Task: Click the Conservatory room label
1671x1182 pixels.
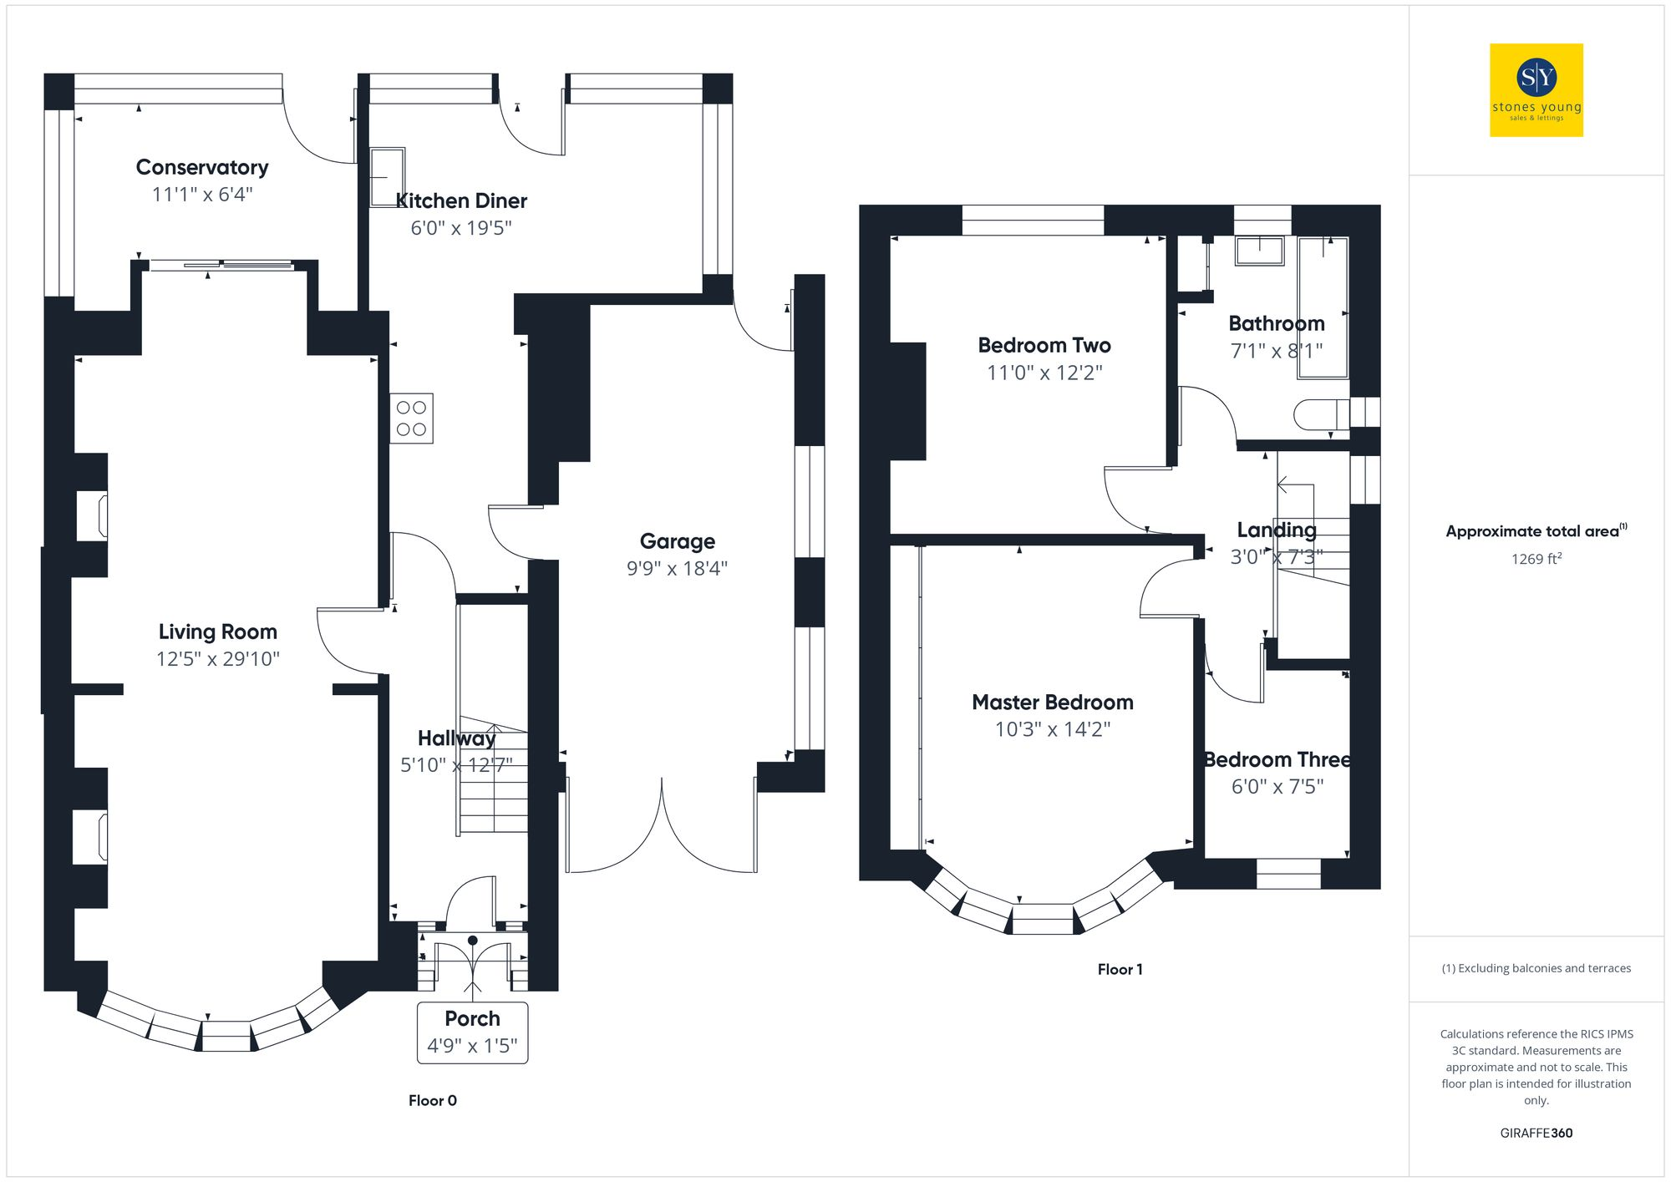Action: tap(202, 167)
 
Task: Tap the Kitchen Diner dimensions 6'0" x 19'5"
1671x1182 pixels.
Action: tap(460, 228)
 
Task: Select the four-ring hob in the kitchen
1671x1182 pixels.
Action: tap(411, 419)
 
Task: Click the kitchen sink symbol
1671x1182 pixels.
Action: tap(387, 177)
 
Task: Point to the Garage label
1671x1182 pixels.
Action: tap(677, 541)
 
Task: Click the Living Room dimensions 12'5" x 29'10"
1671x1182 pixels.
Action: tap(217, 659)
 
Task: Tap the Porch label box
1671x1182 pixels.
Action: tap(472, 1032)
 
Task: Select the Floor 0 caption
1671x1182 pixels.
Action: tap(432, 1100)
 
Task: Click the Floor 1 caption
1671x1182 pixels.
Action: tap(1120, 969)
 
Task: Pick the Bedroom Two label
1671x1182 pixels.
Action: tap(1044, 345)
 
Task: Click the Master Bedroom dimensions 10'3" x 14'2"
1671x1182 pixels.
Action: tap(1052, 729)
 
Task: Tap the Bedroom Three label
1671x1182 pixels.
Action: tap(1277, 759)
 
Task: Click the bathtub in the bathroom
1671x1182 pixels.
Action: tap(1323, 307)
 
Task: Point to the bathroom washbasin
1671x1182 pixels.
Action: tap(1259, 251)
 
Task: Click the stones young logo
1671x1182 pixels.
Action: tap(1536, 90)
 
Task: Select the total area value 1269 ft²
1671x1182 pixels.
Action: tap(1536, 559)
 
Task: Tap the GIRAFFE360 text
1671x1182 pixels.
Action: tap(1536, 1133)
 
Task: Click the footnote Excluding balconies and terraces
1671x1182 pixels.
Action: tap(1536, 968)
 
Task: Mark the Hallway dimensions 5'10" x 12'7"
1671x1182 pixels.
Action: tap(456, 765)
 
